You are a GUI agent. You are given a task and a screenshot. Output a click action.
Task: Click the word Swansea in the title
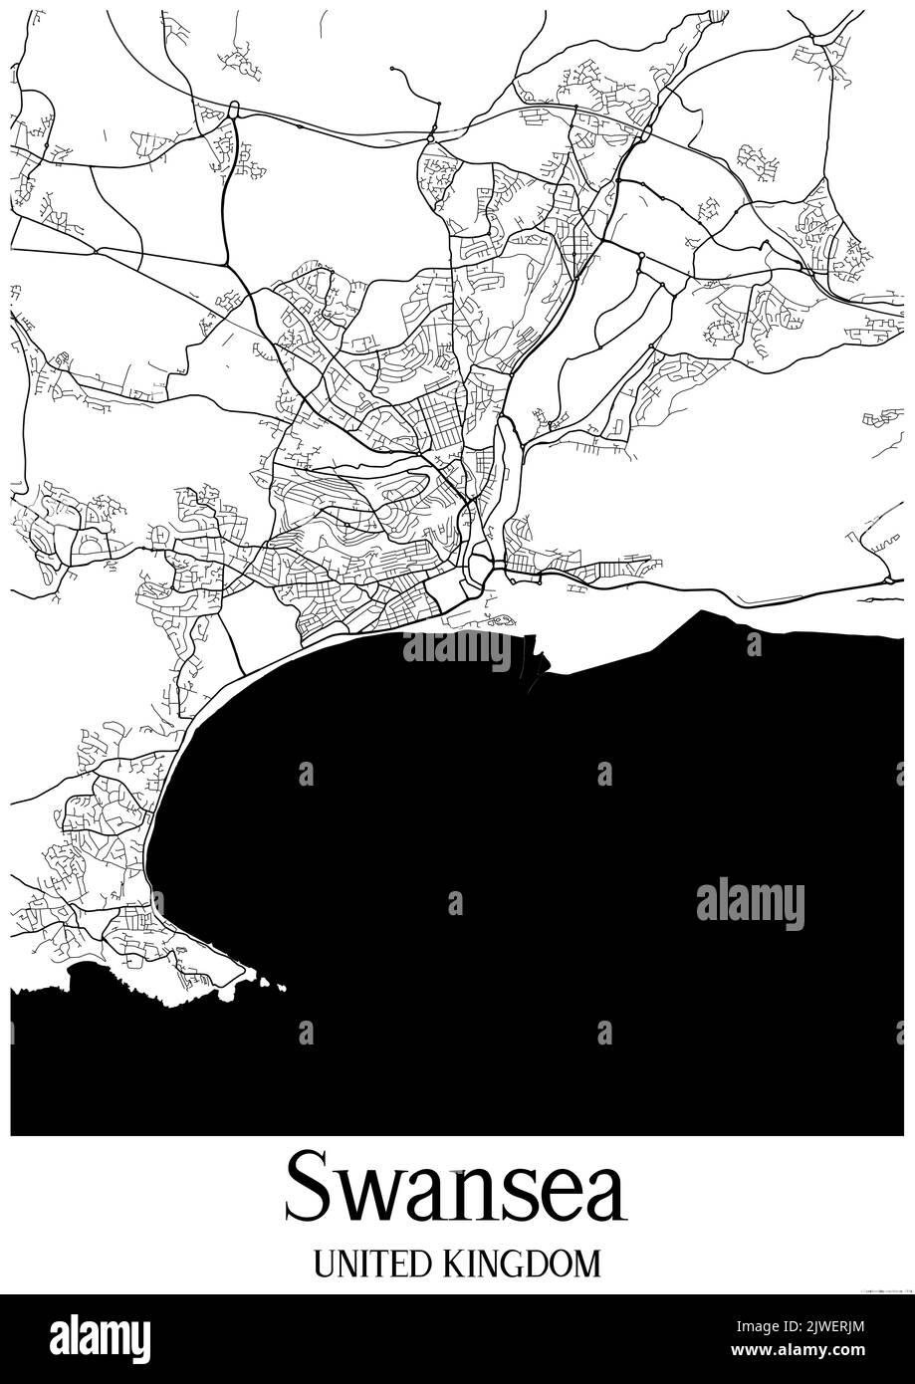pos(456,1188)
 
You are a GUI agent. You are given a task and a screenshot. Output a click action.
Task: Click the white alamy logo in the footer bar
pos(100,1337)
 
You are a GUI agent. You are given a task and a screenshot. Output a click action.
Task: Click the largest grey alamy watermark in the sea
pos(750,903)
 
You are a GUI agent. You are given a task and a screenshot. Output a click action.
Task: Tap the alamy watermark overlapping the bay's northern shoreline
pos(457,649)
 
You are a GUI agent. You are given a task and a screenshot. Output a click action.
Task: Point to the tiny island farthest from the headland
pos(282,988)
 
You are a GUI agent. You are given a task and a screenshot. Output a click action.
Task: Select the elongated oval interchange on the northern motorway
pos(233,109)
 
